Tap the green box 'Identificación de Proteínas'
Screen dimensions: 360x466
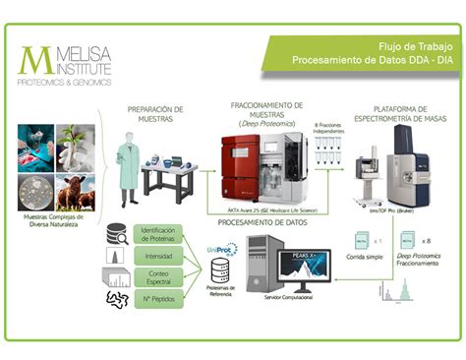click(158, 234)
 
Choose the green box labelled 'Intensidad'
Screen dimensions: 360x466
click(158, 255)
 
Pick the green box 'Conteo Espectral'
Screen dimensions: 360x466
click(158, 276)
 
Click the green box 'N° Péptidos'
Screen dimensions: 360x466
click(158, 298)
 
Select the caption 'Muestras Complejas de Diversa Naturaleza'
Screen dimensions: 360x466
click(55, 221)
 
